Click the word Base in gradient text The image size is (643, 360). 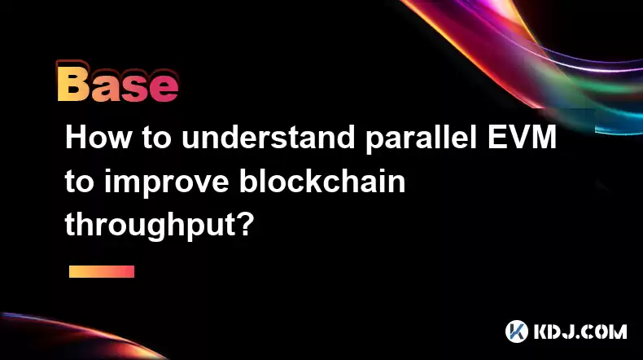[x=118, y=84]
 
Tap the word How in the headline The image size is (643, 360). [x=98, y=137]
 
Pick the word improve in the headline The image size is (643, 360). [x=166, y=183]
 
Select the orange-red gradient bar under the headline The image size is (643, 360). [x=102, y=272]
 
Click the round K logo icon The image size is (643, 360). [x=517, y=331]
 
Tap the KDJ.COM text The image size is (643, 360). [x=580, y=331]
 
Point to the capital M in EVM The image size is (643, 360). [x=543, y=137]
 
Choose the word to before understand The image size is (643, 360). [x=156, y=138]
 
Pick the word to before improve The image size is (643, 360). [x=80, y=182]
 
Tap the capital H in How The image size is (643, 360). [x=76, y=137]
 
